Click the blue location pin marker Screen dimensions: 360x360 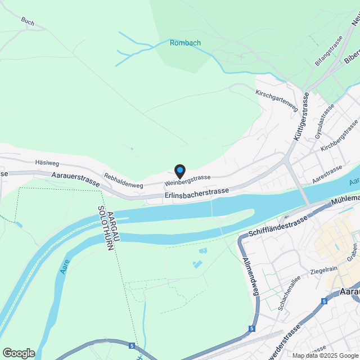[x=179, y=170]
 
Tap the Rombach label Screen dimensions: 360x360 [x=185, y=43]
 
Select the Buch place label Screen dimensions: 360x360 [x=28, y=22]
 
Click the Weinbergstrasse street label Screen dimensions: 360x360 [x=187, y=180]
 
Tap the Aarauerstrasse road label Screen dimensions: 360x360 [x=75, y=179]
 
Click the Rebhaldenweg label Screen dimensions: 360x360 [x=123, y=179]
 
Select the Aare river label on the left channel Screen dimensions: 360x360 [x=63, y=269]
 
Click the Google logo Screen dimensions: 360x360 [x=19, y=353]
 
